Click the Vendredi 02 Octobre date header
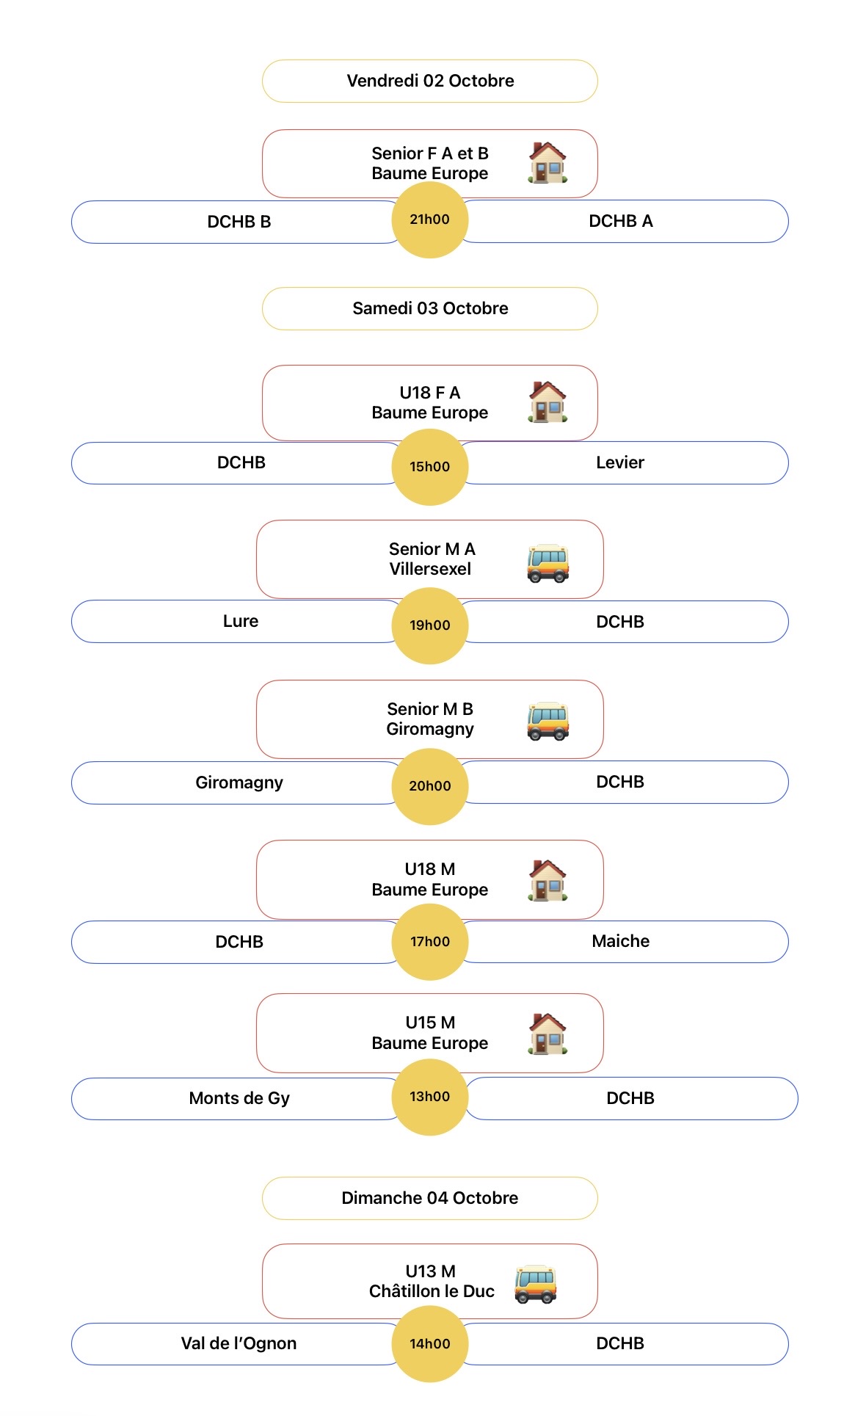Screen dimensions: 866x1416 (430, 81)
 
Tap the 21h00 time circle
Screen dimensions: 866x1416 (430, 219)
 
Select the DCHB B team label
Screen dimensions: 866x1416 (239, 222)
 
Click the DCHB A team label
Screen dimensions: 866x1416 (621, 221)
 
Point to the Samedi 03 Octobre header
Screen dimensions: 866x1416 (430, 308)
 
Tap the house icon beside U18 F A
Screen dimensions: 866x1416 (547, 402)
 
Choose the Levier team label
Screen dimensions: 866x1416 (620, 462)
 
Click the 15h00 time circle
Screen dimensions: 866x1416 (430, 467)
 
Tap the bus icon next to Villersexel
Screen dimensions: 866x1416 (547, 564)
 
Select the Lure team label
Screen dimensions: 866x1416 (241, 621)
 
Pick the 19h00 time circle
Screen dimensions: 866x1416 (430, 625)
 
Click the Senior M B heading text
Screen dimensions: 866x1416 (430, 709)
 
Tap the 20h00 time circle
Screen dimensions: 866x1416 (430, 786)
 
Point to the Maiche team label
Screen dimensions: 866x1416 (621, 941)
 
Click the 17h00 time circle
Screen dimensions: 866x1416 (430, 942)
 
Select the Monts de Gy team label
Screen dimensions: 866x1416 (239, 1098)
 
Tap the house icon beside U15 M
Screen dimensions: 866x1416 (547, 1034)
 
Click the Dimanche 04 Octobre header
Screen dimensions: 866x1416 (430, 1198)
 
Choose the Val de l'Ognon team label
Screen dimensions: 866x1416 (239, 1343)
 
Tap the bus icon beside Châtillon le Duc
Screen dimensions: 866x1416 (536, 1284)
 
